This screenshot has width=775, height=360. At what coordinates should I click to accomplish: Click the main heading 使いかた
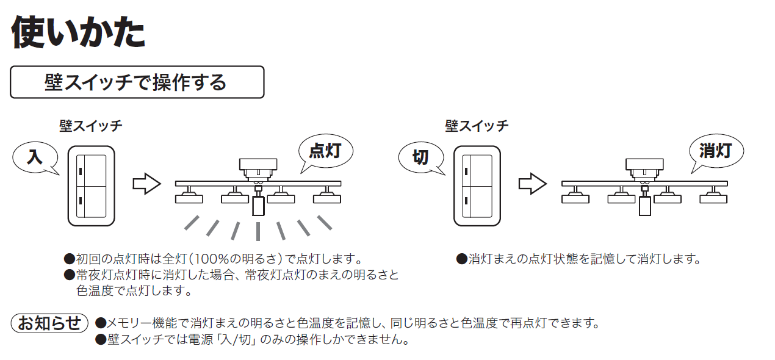[78, 32]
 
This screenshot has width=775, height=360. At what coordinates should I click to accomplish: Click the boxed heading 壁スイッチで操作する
[137, 82]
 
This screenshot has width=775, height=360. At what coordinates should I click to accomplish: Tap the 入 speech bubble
[35, 157]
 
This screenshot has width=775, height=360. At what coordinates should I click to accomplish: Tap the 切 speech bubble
[420, 157]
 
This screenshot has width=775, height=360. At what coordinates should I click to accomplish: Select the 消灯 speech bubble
[715, 150]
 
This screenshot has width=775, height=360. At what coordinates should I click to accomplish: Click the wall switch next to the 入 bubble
[91, 185]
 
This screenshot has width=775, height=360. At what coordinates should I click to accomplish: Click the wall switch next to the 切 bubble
[477, 185]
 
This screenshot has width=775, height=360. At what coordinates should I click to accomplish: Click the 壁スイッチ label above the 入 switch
[91, 126]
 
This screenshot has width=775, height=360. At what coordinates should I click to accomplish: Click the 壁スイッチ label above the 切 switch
[477, 126]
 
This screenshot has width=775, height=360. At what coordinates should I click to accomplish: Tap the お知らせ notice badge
[49, 323]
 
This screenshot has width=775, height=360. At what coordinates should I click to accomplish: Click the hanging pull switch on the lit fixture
[258, 206]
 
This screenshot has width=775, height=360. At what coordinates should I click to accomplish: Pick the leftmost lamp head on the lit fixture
[189, 196]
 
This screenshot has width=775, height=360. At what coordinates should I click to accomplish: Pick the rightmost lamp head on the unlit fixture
[713, 196]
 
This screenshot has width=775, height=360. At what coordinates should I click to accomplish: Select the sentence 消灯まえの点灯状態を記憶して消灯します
[583, 259]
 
